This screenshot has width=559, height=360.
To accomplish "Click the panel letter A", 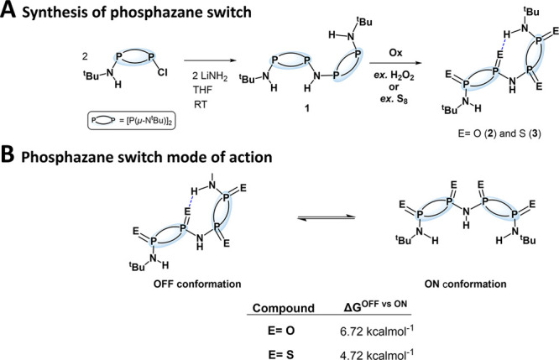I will point(9,10).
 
